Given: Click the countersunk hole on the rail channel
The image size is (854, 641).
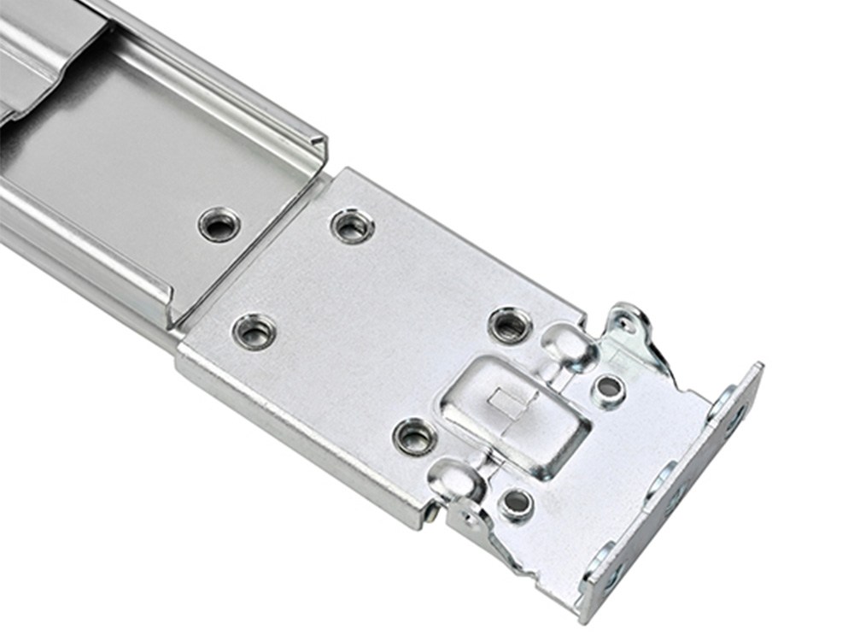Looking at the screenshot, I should click(219, 225).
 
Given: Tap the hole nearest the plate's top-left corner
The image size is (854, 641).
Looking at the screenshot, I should click(352, 226).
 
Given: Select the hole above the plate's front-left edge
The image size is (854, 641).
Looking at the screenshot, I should click(254, 331).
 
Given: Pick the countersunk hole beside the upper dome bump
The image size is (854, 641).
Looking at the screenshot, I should click(509, 325).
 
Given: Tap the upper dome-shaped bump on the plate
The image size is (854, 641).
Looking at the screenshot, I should click(565, 339).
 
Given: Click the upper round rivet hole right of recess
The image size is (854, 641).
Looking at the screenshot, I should click(608, 387).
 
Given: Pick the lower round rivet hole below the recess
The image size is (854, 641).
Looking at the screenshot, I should click(516, 503).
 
